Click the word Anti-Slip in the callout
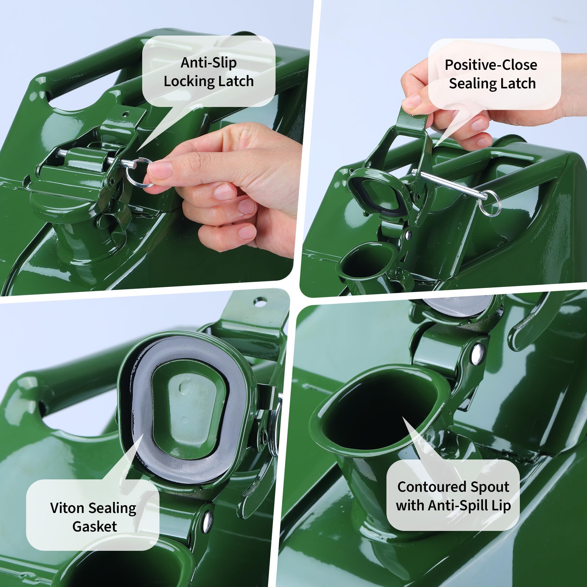(209, 63)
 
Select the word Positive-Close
(491, 65)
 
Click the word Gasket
(95, 527)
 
